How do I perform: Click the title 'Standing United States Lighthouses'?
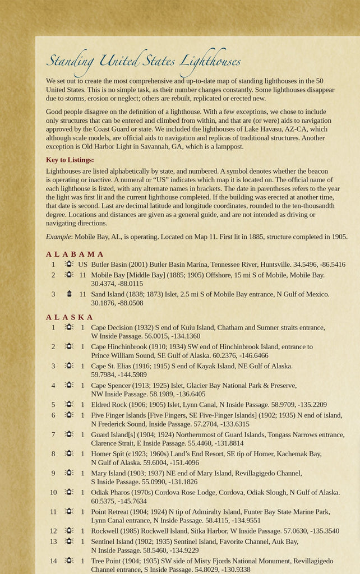tap(143, 61)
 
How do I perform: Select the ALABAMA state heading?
tap(75, 254)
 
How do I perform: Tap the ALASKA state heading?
tap(70, 317)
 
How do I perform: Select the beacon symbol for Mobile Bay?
tap(69, 275)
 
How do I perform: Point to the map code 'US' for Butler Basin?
tap(83, 264)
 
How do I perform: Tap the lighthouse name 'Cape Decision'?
tap(112, 327)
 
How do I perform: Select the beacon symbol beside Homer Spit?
tap(69, 453)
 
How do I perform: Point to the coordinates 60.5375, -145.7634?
tap(119, 501)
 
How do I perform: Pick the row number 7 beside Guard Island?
tap(53, 434)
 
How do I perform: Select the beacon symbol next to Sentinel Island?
tap(69, 541)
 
